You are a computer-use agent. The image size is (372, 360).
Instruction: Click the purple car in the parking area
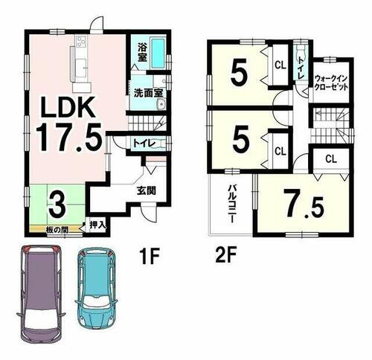(41, 295)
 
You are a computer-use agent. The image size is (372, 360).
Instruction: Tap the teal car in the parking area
(96, 287)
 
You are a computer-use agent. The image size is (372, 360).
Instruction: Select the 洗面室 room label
(149, 93)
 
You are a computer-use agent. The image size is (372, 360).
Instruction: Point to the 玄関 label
(147, 190)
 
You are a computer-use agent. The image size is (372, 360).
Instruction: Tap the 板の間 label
(57, 230)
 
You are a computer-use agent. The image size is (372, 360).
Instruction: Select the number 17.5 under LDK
(69, 137)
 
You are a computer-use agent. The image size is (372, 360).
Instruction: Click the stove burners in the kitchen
(82, 41)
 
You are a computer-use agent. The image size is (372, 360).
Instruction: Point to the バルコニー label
(232, 204)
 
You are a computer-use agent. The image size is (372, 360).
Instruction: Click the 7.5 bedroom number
(304, 203)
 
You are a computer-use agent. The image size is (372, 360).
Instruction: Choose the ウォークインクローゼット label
(331, 83)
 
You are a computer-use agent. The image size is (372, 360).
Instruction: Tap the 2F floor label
(225, 257)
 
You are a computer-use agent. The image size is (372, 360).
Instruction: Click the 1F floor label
(149, 257)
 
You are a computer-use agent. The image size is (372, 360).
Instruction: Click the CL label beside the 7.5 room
(331, 159)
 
